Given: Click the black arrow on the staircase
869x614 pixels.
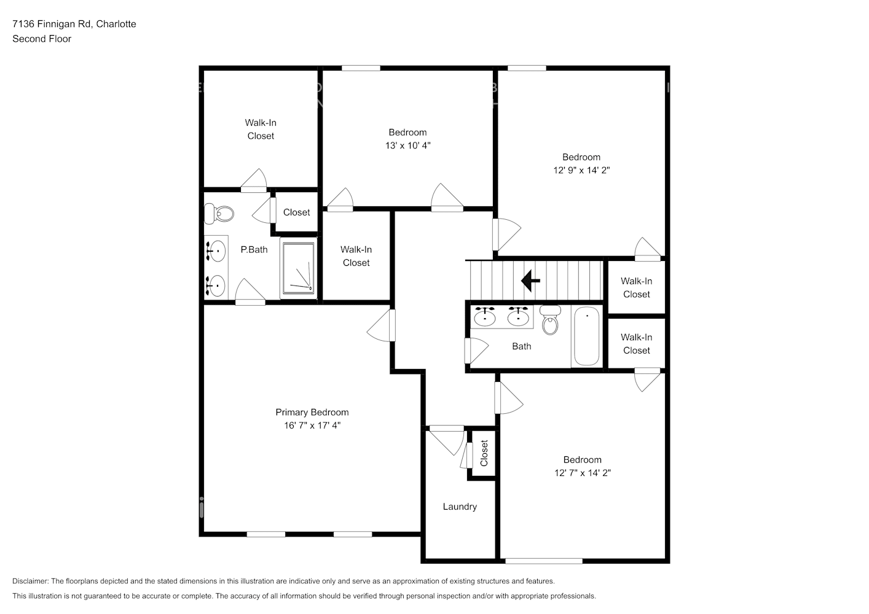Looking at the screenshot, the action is (530, 281).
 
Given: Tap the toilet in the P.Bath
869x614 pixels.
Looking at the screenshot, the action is (219, 214).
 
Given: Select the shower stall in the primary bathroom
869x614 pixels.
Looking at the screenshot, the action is (298, 268).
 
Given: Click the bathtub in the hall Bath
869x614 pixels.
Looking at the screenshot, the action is (586, 336).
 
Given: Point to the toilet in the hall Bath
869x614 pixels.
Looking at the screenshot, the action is (550, 320).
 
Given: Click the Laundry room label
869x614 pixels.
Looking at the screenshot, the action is (460, 507).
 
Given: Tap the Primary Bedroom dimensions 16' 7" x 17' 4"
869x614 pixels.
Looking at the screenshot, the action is (312, 426).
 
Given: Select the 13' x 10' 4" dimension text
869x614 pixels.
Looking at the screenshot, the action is (407, 146).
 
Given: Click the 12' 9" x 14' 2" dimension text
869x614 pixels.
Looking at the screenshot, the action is (581, 170).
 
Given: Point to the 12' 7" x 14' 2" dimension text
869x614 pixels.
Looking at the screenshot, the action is (583, 473).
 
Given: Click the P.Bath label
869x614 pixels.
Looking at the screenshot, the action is (254, 250).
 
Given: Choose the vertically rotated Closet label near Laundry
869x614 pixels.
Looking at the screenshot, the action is (484, 453).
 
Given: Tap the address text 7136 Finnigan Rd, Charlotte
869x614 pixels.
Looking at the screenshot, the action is (74, 24).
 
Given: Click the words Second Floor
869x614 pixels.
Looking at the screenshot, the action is (42, 39).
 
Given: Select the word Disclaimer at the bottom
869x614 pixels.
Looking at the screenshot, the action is (30, 581).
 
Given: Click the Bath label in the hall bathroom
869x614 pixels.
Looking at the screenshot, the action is (521, 346).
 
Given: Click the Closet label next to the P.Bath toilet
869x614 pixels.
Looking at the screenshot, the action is (296, 212).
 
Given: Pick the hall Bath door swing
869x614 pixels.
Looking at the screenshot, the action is (476, 351).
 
